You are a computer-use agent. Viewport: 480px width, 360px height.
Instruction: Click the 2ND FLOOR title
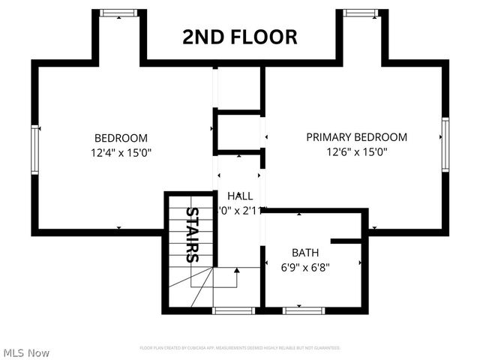pyautogui.click(x=240, y=37)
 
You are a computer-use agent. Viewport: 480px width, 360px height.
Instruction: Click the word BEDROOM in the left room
pyautogui.click(x=121, y=138)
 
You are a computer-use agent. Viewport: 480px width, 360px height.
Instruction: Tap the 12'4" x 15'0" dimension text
pyautogui.click(x=121, y=152)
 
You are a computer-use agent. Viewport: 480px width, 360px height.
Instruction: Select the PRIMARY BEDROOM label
pyautogui.click(x=356, y=137)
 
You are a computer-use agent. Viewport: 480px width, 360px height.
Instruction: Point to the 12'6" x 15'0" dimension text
pyautogui.click(x=356, y=151)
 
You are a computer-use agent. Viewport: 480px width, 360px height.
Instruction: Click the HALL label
pyautogui.click(x=239, y=196)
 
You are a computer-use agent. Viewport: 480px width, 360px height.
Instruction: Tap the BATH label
pyautogui.click(x=306, y=253)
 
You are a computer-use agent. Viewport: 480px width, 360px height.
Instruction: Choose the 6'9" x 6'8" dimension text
pyautogui.click(x=306, y=266)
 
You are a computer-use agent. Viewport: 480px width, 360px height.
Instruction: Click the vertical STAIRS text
pyautogui.click(x=192, y=235)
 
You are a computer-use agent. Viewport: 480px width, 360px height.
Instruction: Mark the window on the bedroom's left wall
pyautogui.click(x=34, y=148)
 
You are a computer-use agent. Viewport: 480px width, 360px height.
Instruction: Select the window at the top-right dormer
pyautogui.click(x=361, y=13)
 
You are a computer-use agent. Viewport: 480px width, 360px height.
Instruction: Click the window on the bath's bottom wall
pyautogui.click(x=304, y=310)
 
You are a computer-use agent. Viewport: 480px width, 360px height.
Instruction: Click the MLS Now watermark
pyautogui.click(x=27, y=352)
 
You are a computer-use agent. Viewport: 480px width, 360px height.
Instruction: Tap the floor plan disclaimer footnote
pyautogui.click(x=240, y=348)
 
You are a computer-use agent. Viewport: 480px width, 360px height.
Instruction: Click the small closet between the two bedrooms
pyautogui.click(x=238, y=132)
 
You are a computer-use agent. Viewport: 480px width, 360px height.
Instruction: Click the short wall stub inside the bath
pyautogui.click(x=348, y=241)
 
